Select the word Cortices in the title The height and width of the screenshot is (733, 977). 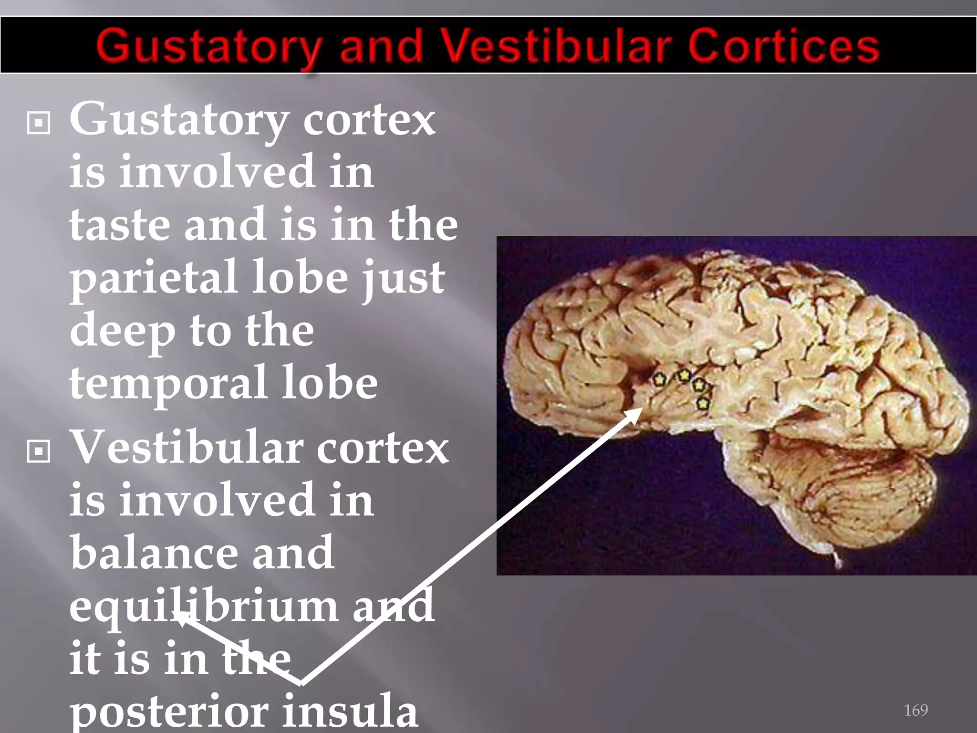[x=783, y=47]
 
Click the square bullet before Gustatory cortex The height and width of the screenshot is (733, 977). [x=39, y=124]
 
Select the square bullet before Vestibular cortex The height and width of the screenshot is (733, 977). [x=39, y=451]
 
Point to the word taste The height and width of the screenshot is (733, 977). [x=120, y=224]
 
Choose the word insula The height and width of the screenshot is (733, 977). [x=350, y=711]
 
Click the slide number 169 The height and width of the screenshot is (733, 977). [x=915, y=710]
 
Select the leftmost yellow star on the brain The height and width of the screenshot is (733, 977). [x=659, y=379]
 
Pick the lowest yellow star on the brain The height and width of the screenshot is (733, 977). [x=703, y=404]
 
